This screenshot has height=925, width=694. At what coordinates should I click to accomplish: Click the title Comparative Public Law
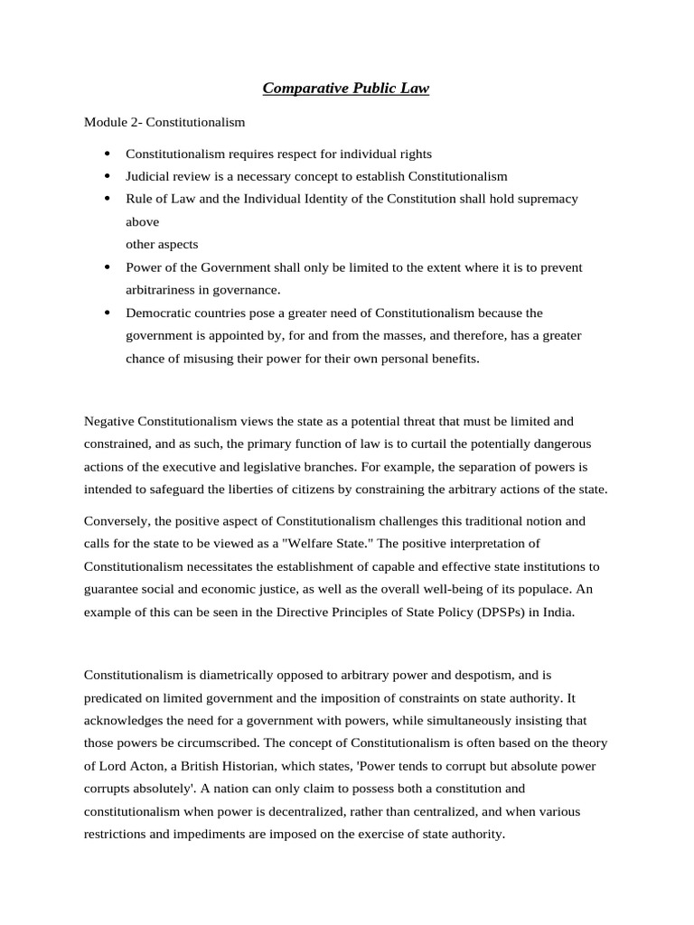[346, 88]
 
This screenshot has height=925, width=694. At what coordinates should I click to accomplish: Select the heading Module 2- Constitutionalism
[164, 120]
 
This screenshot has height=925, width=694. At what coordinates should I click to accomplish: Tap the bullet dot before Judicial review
[108, 176]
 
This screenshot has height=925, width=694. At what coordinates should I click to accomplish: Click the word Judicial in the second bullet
[147, 176]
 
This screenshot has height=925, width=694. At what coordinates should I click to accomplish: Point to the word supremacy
[547, 199]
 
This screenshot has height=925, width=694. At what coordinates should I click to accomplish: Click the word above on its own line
[142, 221]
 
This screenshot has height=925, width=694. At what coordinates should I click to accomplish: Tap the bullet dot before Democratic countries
[108, 313]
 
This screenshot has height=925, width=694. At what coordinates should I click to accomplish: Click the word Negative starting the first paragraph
[111, 421]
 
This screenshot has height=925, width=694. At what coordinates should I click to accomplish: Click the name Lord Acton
[131, 766]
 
